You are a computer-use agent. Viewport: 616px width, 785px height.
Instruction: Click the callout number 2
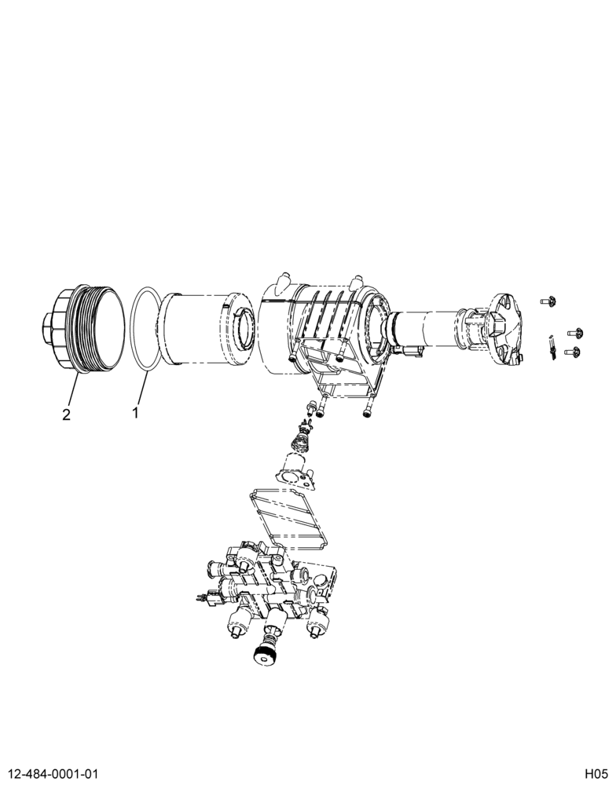[x=66, y=414]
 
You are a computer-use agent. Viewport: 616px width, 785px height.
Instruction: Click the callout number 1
[x=135, y=413]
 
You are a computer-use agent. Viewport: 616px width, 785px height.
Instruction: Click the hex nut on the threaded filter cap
[x=46, y=329]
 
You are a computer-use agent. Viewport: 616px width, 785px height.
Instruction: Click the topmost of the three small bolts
[x=549, y=301]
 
